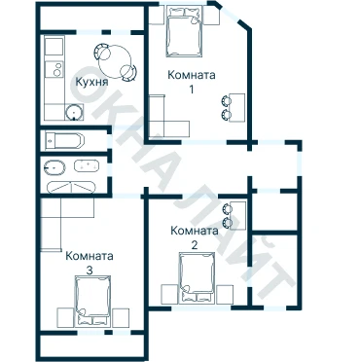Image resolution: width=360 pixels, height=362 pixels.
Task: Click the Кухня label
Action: (91, 82)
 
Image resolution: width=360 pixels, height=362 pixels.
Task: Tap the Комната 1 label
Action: (192, 82)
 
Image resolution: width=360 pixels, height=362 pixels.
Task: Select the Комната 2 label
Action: (195, 237)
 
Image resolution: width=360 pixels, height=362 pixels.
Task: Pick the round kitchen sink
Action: (75, 112)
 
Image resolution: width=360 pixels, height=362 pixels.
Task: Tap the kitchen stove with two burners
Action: (54, 69)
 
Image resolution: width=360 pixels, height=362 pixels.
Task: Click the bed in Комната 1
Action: (185, 31)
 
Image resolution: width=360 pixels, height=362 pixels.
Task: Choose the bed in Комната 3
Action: (92, 301)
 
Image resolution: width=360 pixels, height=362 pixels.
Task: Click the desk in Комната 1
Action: (237, 107)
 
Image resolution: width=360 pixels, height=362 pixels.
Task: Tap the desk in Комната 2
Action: (237, 215)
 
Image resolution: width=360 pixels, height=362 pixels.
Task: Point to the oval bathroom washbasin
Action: (54, 167)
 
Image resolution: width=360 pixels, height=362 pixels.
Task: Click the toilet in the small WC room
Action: (64, 140)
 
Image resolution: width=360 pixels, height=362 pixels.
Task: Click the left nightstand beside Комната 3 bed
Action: (65, 317)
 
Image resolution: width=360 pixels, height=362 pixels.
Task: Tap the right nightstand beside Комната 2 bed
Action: (225, 294)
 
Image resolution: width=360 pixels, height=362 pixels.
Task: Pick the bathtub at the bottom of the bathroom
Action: (71, 187)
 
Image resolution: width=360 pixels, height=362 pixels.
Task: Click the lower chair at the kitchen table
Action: (128, 73)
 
